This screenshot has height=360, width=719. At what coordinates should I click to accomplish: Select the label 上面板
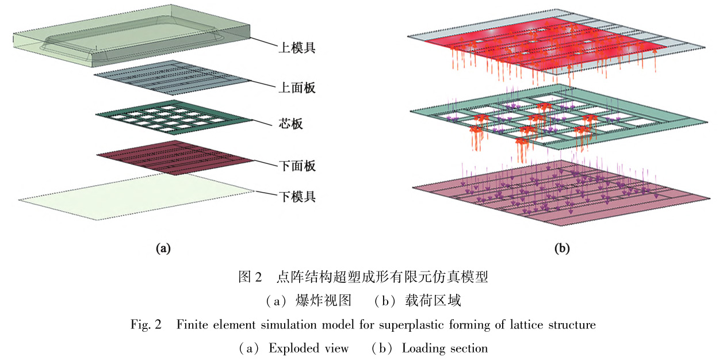297,88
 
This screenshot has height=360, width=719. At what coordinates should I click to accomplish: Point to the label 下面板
297,166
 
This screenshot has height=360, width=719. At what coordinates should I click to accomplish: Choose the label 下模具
297,197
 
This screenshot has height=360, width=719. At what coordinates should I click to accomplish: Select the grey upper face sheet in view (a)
173,78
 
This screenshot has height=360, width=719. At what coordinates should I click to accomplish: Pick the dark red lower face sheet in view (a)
173,156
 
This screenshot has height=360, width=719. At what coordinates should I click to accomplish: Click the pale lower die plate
138,196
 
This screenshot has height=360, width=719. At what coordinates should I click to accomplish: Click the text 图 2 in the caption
251,278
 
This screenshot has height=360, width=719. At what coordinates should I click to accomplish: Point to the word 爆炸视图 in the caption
318,301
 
